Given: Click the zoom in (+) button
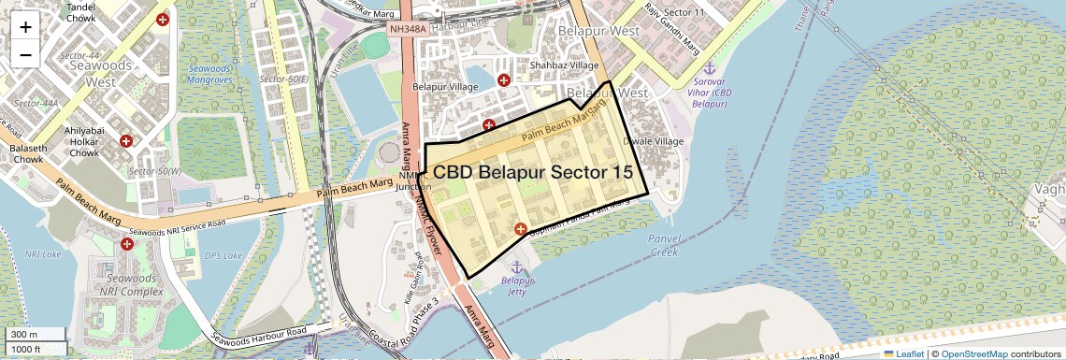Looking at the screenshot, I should pyautogui.click(x=25, y=26).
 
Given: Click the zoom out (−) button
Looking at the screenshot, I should pyautogui.click(x=25, y=54).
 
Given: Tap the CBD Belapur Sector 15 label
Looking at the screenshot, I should pyautogui.click(x=533, y=173).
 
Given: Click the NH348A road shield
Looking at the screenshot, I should pyautogui.click(x=408, y=30).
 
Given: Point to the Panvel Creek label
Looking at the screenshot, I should pyautogui.click(x=664, y=245).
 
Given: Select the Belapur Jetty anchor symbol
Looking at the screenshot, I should pyautogui.click(x=515, y=268).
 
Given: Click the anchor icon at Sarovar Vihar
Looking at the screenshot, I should pyautogui.click(x=709, y=70).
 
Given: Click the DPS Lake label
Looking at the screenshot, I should pyautogui.click(x=221, y=253).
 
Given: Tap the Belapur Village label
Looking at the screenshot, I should pyautogui.click(x=446, y=87).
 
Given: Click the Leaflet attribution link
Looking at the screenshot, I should pyautogui.click(x=902, y=353).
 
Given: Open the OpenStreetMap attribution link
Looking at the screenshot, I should pyautogui.click(x=974, y=353).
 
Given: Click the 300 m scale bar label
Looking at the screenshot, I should pyautogui.click(x=25, y=335).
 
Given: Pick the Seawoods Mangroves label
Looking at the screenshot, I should pyautogui.click(x=210, y=74).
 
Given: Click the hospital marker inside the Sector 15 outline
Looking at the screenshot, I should pyautogui.click(x=521, y=228).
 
